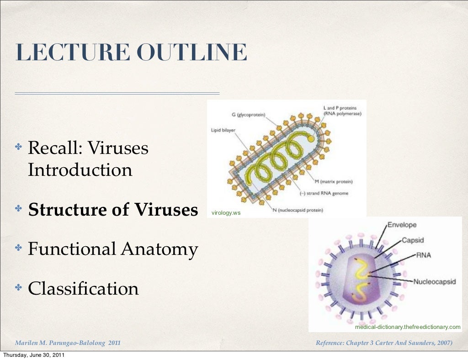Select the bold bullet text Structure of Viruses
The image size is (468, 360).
113,210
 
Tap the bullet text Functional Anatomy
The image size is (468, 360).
113,249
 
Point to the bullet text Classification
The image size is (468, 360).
83,288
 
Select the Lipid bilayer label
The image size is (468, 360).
223,130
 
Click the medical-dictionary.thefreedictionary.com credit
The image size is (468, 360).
408,327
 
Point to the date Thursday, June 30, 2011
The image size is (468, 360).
33,355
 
